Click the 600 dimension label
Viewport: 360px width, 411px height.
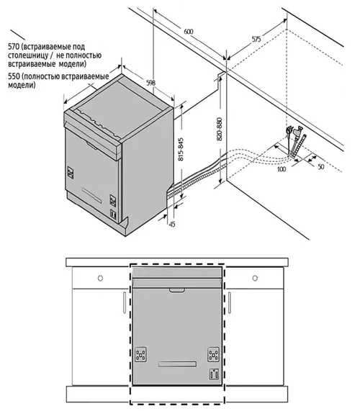188,32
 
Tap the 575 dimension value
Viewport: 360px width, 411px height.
256,40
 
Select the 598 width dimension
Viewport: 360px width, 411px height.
150,83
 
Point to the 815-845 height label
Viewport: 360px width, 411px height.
181,150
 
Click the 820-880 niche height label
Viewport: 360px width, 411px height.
220,129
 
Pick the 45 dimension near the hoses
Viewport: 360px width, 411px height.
172,224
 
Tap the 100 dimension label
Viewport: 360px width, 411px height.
282,169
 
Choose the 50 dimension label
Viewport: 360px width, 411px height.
321,167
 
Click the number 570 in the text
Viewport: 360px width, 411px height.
14,47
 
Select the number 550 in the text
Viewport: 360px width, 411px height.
14,76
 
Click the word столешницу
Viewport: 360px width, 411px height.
28,55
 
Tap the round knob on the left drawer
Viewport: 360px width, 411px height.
100,278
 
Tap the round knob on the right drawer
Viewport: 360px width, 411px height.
255,278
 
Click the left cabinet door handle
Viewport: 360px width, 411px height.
125,302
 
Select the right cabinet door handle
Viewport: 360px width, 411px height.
230,302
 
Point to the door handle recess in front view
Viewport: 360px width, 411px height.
177,290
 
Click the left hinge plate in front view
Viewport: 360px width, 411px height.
141,355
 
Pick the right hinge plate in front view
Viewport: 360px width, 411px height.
213,355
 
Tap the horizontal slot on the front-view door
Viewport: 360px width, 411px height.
178,364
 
